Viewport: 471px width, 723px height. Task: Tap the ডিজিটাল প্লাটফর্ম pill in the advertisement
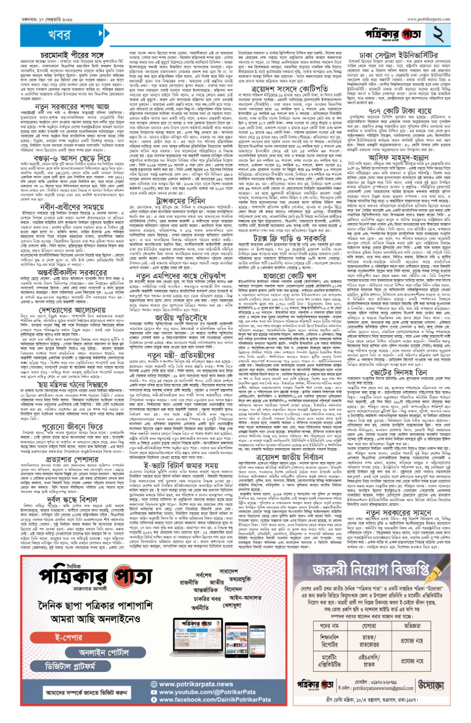click(71, 667)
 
